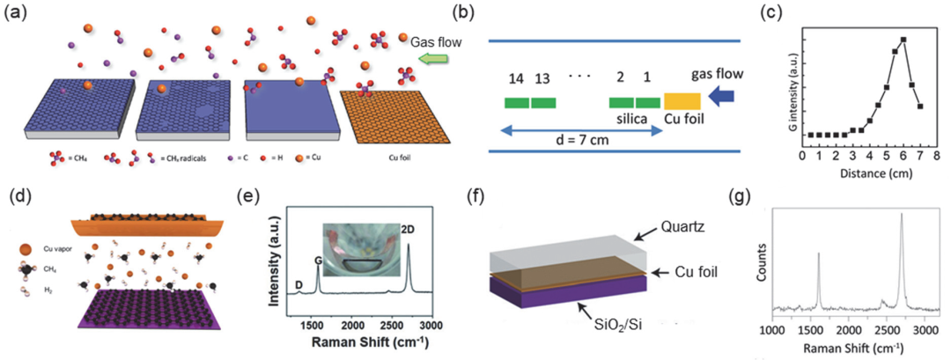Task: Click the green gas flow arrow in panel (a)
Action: (x=434, y=59)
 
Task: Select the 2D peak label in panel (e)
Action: (x=409, y=231)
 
